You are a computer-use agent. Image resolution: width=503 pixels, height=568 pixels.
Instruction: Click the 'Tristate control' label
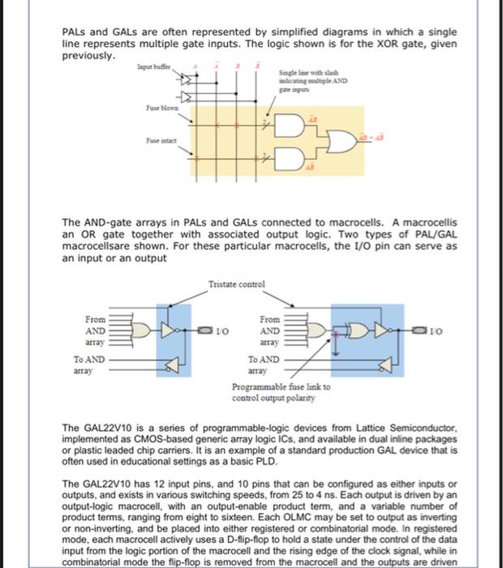coord(236,284)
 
